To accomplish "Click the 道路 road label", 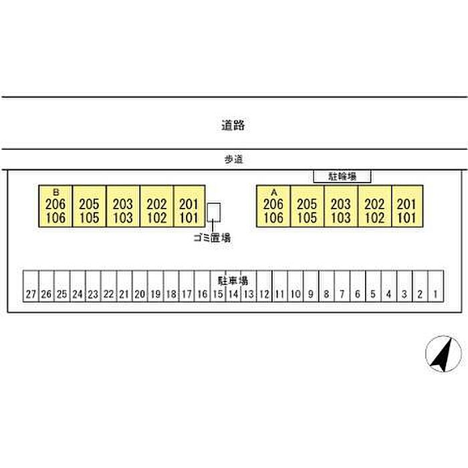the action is click(x=233, y=124).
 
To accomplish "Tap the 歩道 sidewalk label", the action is click(x=233, y=159).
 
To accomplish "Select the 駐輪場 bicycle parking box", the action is click(x=342, y=177).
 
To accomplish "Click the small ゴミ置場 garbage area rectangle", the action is click(x=214, y=213).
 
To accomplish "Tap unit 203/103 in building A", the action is click(x=341, y=207).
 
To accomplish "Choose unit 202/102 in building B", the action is click(x=156, y=207).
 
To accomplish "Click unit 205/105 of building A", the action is click(x=308, y=207).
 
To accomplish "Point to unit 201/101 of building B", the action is click(x=190, y=207).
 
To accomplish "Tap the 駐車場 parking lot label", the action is click(x=233, y=280).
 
